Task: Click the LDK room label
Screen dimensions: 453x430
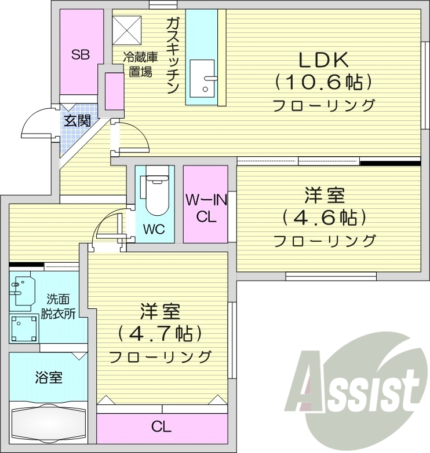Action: pyautogui.click(x=323, y=60)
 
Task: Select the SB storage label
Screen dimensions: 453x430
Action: pyautogui.click(x=80, y=54)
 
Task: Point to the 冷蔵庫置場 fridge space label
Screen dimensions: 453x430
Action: pyautogui.click(x=140, y=65)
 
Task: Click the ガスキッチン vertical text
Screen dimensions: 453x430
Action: pyautogui.click(x=173, y=54)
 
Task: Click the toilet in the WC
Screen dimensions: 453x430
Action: pyautogui.click(x=155, y=194)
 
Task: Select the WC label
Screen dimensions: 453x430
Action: pyautogui.click(x=154, y=229)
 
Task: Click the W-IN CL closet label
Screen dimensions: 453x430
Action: pyautogui.click(x=205, y=209)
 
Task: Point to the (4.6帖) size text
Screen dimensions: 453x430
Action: pyautogui.click(x=324, y=218)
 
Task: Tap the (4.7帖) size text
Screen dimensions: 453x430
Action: pyautogui.click(x=160, y=334)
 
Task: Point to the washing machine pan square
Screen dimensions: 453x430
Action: pyautogui.click(x=24, y=329)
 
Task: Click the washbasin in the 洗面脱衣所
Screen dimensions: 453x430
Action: pyautogui.click(x=22, y=290)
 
